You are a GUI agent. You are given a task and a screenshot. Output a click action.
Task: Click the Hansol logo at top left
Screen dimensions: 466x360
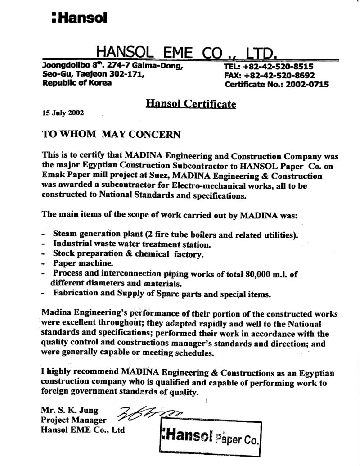(79, 18)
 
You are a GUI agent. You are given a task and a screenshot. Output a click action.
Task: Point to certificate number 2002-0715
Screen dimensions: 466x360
(304, 84)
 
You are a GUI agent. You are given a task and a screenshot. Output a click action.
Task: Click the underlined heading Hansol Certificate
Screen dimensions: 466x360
(191, 104)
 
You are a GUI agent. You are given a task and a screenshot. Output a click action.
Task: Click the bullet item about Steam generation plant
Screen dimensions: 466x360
(175, 235)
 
